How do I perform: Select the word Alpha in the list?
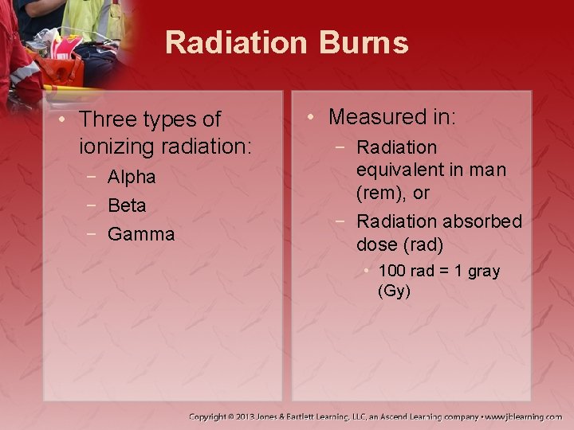click(132, 177)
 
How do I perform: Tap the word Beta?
click(127, 205)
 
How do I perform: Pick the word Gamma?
click(140, 234)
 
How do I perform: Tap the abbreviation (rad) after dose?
click(423, 244)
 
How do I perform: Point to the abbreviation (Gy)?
click(394, 291)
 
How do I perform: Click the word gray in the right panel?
click(485, 272)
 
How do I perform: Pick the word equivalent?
click(401, 170)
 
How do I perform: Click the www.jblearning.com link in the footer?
click(526, 416)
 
